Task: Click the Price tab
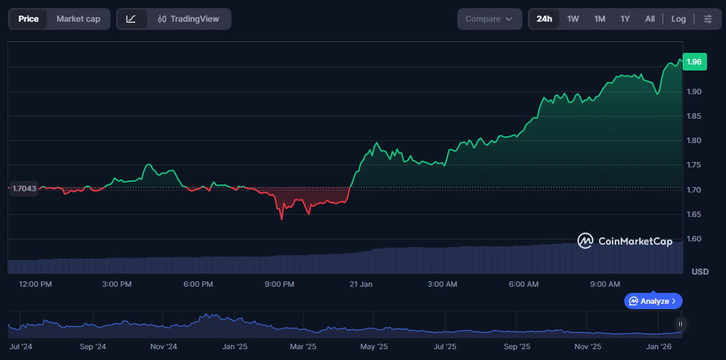pos(28,19)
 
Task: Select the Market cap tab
pos(78,19)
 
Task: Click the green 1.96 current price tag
pos(694,62)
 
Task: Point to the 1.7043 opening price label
pos(23,188)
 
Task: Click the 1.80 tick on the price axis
pos(695,141)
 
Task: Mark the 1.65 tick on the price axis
pos(695,214)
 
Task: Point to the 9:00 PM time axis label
pos(279,284)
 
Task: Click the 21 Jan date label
pos(361,284)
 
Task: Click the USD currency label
pos(700,272)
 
